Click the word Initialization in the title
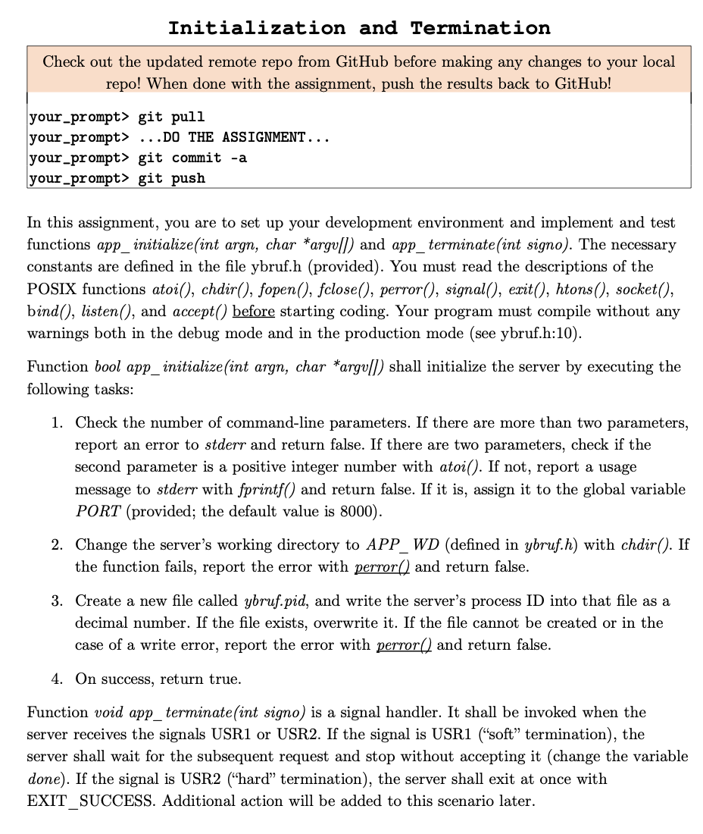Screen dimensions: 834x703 point(256,28)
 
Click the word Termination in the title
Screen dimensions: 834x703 point(480,28)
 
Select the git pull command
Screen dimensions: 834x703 point(171,118)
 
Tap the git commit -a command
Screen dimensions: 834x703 point(192,158)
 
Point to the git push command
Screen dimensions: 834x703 point(171,178)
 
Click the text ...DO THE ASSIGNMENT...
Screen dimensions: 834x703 point(233,138)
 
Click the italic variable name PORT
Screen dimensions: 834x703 point(98,511)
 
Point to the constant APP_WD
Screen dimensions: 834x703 point(403,544)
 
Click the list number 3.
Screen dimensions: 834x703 point(57,600)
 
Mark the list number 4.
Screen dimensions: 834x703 point(57,679)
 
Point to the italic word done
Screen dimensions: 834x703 point(42,779)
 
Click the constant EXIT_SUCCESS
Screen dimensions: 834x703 point(85,801)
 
